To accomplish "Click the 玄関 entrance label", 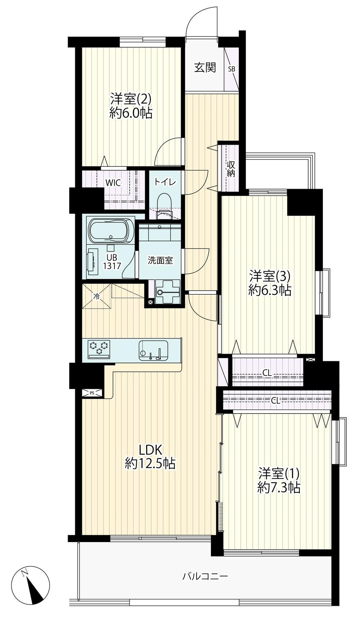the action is [x=205, y=67].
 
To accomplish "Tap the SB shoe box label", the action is [x=231, y=68].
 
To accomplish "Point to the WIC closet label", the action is [x=113, y=183].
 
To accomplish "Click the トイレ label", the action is [x=165, y=182].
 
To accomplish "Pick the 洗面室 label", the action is [x=161, y=260].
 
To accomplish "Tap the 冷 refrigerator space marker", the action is [x=96, y=297].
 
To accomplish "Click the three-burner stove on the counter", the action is [x=99, y=349].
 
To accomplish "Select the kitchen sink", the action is [x=153, y=350].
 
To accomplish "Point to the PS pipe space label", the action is [x=92, y=393].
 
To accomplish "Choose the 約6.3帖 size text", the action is [x=270, y=290].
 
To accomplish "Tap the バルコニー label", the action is [x=205, y=576].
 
